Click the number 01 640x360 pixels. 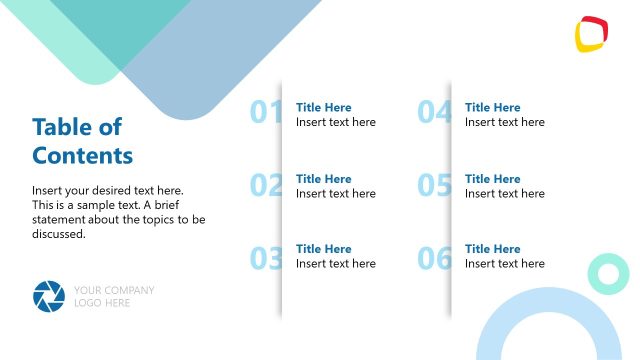[265, 113]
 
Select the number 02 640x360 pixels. [265, 185]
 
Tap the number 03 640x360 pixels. [265, 259]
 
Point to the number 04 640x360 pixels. [434, 113]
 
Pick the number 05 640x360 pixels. [434, 185]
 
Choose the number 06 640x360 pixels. [434, 259]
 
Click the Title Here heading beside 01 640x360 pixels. [324, 107]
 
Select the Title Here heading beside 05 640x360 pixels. [493, 179]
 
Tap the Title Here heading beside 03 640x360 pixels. [324, 249]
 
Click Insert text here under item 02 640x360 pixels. [336, 194]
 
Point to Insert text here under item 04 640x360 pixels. [505, 122]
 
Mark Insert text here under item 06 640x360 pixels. [505, 264]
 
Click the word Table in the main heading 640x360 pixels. [62, 127]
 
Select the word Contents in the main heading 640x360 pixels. [82, 156]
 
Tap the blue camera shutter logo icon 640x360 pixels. [48, 296]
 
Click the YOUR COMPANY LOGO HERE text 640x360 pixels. [114, 296]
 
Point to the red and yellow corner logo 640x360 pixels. [592, 33]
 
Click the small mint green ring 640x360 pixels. [606, 272]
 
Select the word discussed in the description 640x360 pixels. [59, 235]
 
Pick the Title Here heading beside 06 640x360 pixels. [493, 249]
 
